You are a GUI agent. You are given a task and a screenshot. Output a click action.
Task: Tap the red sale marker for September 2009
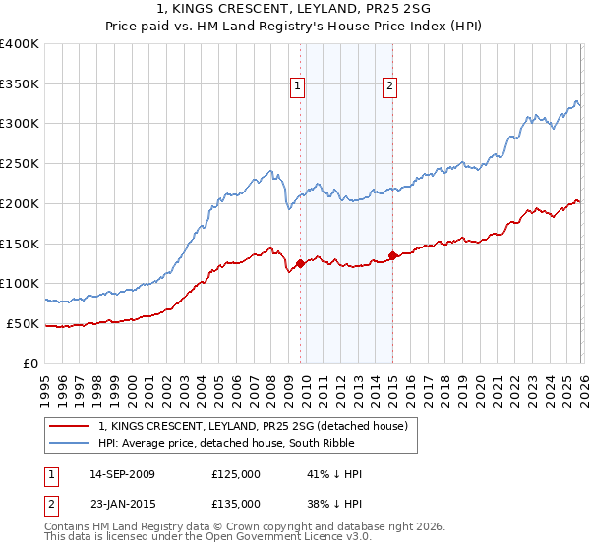[x=300, y=263]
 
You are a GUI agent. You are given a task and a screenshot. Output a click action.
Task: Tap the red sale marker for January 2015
[x=392, y=255]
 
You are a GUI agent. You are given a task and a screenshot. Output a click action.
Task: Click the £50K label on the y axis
[x=24, y=323]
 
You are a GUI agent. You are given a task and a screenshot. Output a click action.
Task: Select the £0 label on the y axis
[x=32, y=363]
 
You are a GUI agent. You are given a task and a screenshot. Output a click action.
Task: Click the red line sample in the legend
[x=69, y=426]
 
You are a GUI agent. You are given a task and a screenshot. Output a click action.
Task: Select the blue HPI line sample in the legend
[x=69, y=444]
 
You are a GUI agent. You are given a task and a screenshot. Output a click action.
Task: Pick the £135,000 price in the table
[x=236, y=503]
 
